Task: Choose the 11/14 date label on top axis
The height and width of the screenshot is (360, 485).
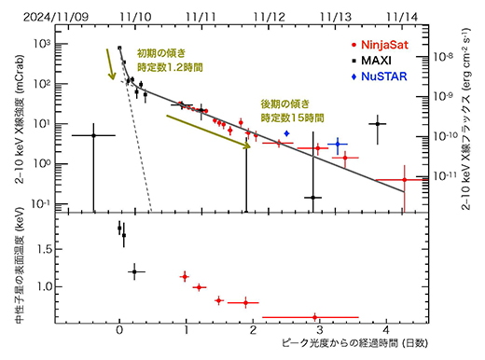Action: tap(402, 11)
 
